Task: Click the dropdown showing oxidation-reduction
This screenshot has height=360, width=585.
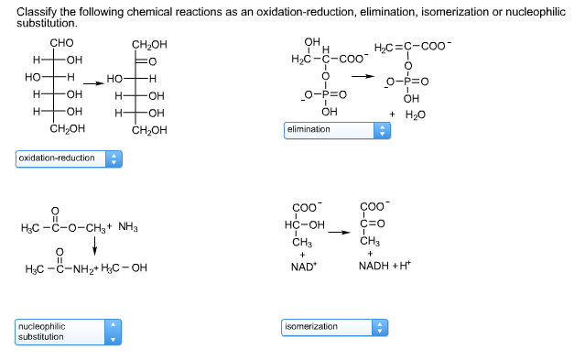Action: [70, 158]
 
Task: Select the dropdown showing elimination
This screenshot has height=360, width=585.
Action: [338, 130]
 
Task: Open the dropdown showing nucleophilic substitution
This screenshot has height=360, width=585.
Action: [70, 332]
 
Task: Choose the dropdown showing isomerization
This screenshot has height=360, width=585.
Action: [338, 326]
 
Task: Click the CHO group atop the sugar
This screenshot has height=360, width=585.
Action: [61, 44]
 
